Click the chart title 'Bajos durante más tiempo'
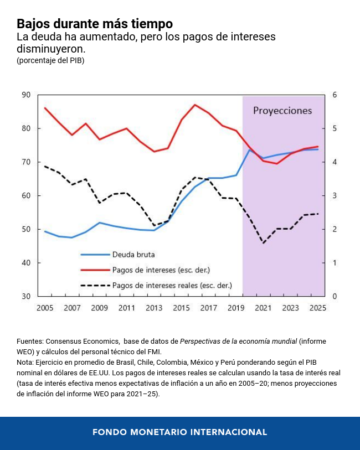pyautogui.click(x=94, y=24)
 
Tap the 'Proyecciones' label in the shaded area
pyautogui.click(x=282, y=111)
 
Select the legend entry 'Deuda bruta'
pyautogui.click(x=133, y=255)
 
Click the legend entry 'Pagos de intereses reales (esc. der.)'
pyautogui.click(x=172, y=286)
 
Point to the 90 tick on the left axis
pyautogui.click(x=26, y=95)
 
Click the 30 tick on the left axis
pyautogui.click(x=26, y=296)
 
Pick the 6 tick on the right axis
pyautogui.click(x=334, y=95)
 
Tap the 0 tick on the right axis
pyautogui.click(x=334, y=296)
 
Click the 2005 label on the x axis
pyautogui.click(x=45, y=308)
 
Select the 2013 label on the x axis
pyautogui.click(x=154, y=308)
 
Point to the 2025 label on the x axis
pyautogui.click(x=317, y=308)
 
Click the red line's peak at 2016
pyautogui.click(x=194, y=105)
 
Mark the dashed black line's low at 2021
pyautogui.click(x=263, y=243)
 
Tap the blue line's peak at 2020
pyautogui.click(x=249, y=150)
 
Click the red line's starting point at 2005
pyautogui.click(x=45, y=108)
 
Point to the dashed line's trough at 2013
pyautogui.click(x=154, y=225)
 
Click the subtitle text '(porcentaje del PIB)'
pyautogui.click(x=50, y=60)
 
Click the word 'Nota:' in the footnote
pyautogui.click(x=26, y=363)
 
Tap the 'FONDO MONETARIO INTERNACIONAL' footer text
pyautogui.click(x=179, y=432)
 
